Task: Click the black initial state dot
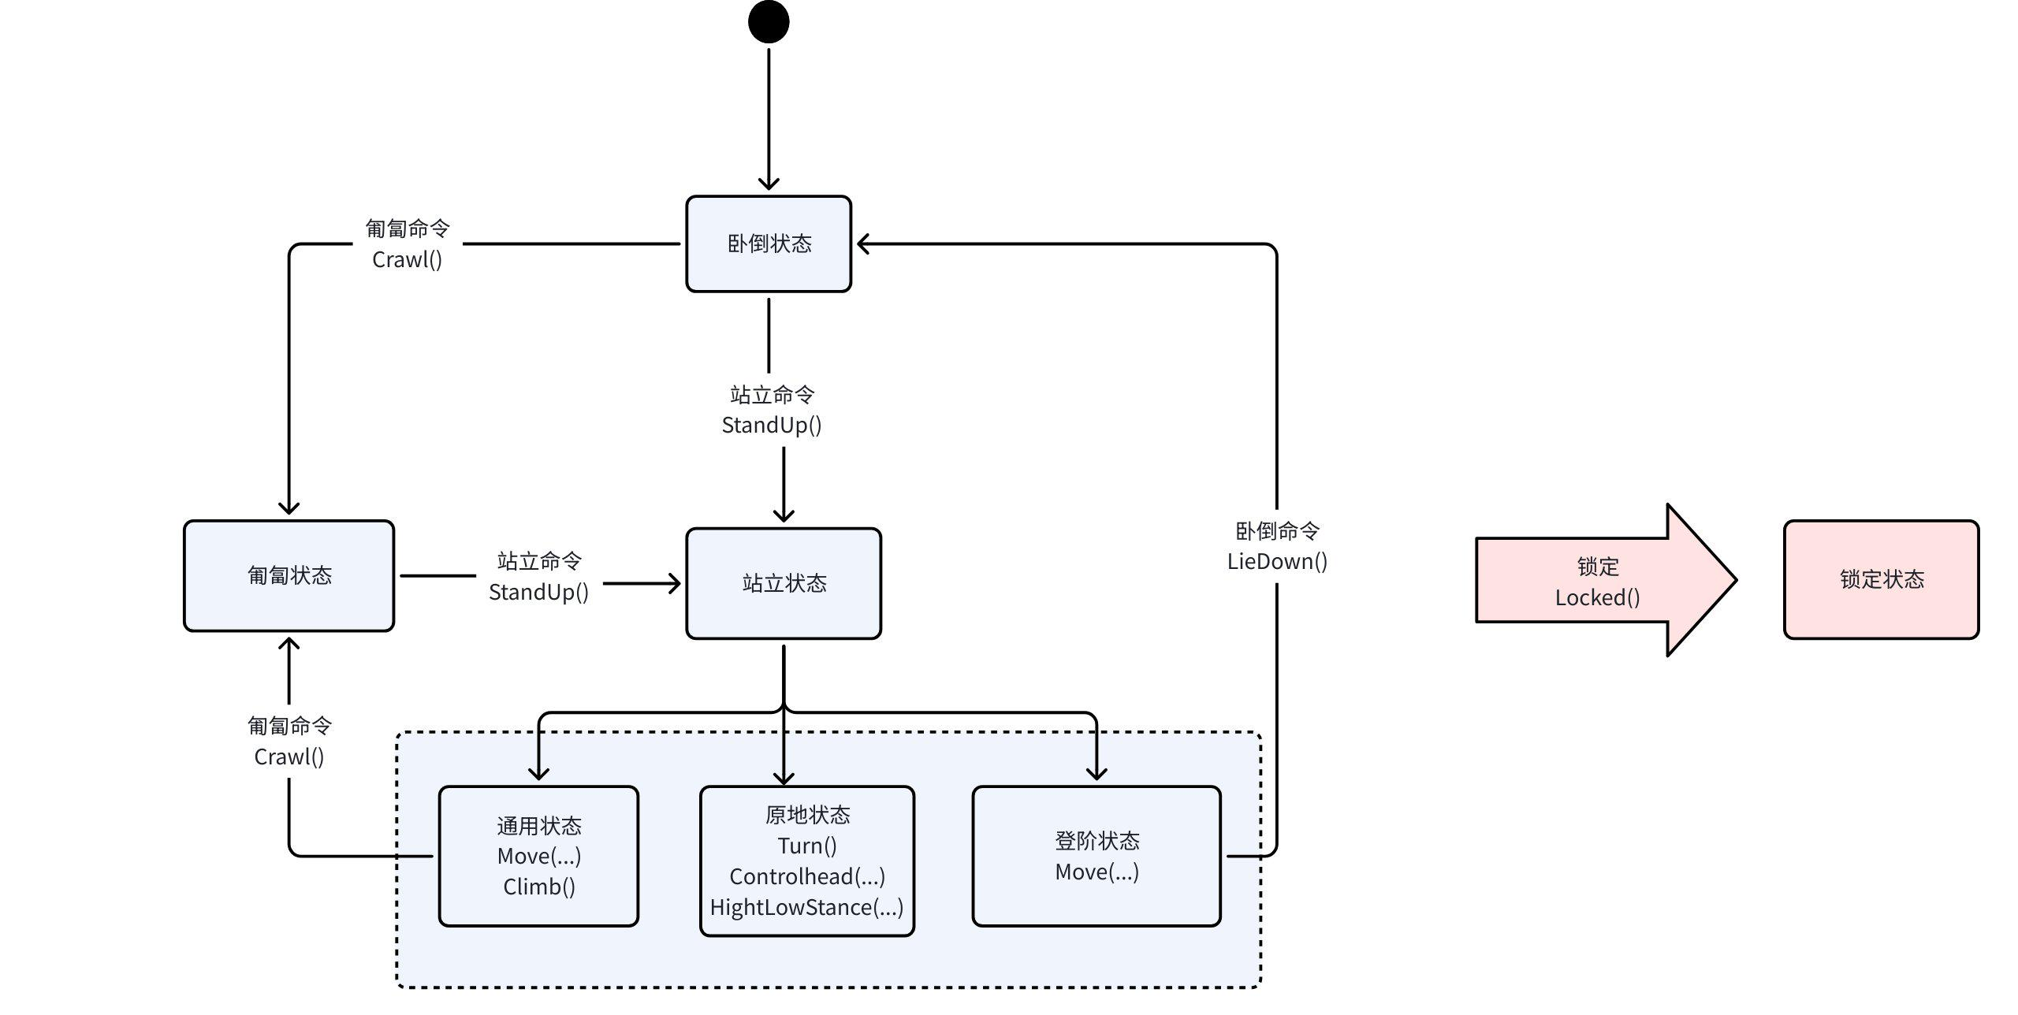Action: [x=769, y=22]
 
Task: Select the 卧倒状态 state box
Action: [x=769, y=244]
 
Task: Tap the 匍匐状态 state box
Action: [x=289, y=575]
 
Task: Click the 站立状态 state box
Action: [x=784, y=583]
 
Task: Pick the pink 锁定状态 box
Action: [x=1881, y=579]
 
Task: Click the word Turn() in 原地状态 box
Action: [x=807, y=846]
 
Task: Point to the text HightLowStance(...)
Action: [x=806, y=907]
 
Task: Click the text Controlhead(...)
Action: [x=807, y=876]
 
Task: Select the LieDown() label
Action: [x=1277, y=561]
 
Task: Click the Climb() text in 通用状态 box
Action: [x=539, y=887]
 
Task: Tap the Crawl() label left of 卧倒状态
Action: [x=407, y=259]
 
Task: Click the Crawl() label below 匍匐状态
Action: [x=289, y=757]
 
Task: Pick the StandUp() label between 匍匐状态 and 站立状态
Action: [x=538, y=592]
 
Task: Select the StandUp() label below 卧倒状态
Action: [x=772, y=425]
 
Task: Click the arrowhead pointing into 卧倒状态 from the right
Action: [x=863, y=244]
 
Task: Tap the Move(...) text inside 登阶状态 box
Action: [x=1096, y=872]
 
